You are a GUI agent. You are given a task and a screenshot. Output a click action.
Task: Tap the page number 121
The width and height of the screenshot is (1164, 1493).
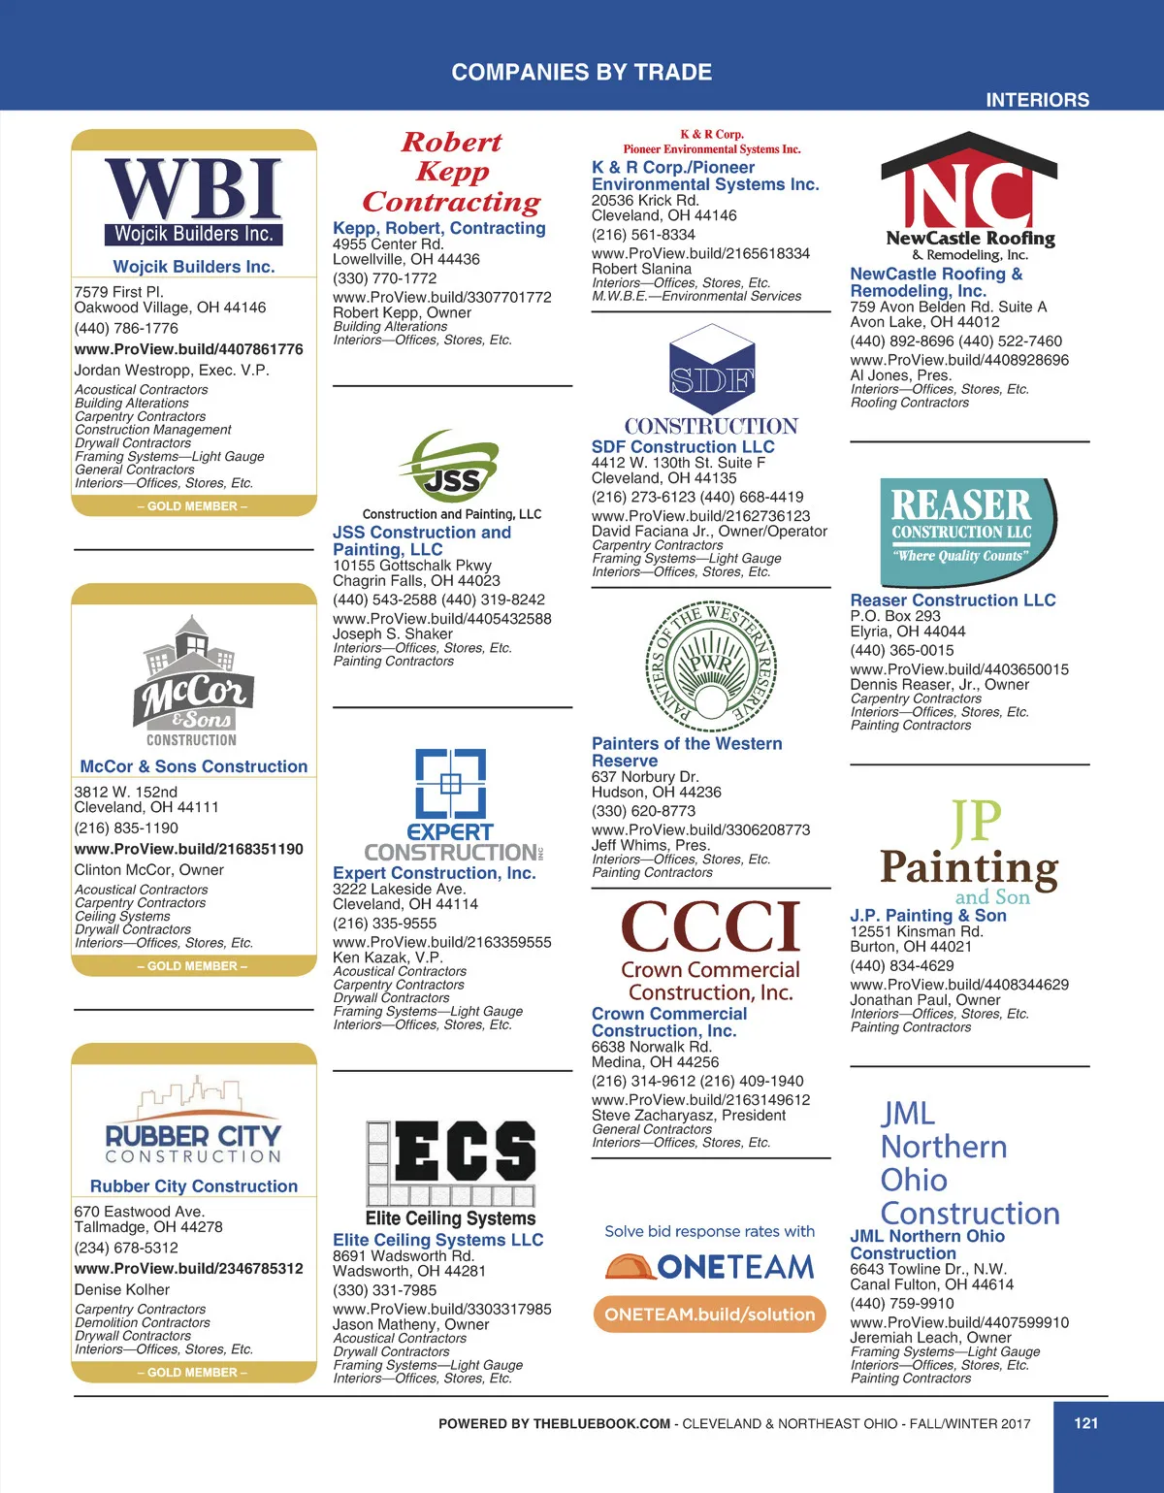point(1086,1423)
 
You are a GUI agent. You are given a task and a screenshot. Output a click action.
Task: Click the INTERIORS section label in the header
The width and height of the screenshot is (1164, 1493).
point(1037,100)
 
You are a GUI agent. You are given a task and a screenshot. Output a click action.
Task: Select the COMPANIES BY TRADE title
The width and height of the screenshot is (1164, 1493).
point(582,72)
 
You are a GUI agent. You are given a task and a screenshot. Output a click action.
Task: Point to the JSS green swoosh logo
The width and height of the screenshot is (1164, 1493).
point(452,468)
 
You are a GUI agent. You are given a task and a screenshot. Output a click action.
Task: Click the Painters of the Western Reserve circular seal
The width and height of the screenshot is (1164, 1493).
point(711,665)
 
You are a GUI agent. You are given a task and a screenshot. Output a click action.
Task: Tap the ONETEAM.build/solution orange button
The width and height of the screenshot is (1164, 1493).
point(710,1314)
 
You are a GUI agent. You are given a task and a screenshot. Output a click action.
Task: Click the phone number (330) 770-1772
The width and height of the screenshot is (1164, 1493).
point(384,278)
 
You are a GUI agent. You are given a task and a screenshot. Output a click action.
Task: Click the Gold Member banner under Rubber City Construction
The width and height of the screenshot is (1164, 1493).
point(193,1373)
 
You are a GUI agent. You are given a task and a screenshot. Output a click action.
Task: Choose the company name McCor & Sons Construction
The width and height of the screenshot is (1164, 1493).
point(194,766)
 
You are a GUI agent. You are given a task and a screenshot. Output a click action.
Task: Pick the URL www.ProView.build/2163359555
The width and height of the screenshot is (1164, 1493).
point(441,942)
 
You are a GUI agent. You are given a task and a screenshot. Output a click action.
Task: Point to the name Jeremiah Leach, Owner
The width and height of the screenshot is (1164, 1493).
point(917,1338)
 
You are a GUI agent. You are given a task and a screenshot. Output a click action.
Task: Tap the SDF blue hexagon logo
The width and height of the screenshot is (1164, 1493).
point(711,373)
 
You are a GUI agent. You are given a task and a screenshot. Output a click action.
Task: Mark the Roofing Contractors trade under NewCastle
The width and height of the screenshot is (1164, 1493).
point(909,403)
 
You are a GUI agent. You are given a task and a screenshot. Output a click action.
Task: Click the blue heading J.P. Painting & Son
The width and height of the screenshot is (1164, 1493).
point(928,915)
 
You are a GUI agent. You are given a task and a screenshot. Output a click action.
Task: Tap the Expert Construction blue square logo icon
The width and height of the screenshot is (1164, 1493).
point(451,784)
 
